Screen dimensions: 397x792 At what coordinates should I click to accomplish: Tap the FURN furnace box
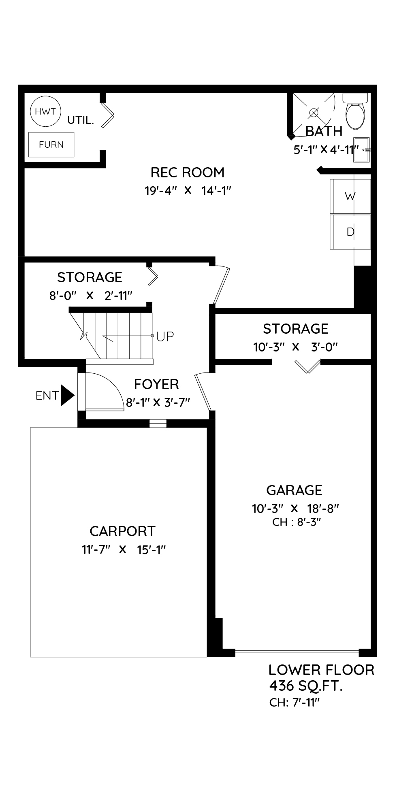51,145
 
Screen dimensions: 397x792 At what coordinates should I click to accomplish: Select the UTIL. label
81,120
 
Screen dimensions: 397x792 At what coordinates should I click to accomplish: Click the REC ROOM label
188,172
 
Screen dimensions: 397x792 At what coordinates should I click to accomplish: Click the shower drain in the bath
314,113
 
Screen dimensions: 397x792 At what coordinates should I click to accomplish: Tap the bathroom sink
362,150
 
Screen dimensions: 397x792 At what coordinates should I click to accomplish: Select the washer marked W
350,196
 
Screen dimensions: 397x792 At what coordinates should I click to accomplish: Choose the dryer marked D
350,232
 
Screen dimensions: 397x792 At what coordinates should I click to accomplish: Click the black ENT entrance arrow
68,395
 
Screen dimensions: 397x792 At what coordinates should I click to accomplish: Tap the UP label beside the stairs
165,336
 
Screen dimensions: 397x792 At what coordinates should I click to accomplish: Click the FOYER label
156,384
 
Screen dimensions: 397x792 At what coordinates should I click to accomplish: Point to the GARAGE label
295,490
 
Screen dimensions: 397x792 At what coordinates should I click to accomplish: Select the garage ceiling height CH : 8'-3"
297,522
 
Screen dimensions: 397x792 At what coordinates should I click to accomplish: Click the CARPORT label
122,531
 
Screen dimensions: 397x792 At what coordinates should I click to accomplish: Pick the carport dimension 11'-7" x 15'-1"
124,550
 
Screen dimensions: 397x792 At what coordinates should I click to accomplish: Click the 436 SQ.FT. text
306,686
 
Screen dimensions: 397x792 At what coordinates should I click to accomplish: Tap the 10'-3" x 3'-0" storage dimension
296,347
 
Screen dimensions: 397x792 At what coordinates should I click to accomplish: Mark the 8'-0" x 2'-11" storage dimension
91,296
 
